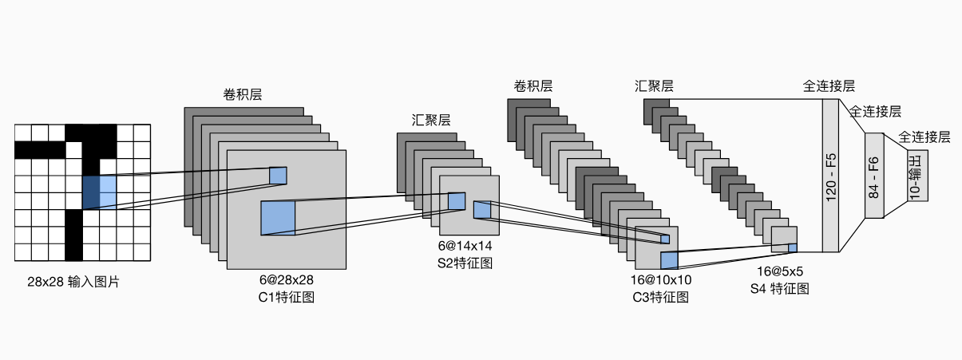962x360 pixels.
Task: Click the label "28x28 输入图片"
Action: tap(72, 282)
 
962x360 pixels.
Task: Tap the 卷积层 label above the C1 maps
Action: tap(243, 94)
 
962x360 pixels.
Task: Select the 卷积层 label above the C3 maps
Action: tap(533, 86)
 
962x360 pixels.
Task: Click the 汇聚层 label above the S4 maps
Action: tap(654, 86)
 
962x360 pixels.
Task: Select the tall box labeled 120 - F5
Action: tap(831, 179)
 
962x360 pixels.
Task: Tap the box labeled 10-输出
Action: tap(916, 176)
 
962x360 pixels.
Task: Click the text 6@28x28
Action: tap(286, 280)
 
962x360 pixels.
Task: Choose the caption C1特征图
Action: tap(286, 297)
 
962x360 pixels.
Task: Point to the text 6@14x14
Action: tap(465, 246)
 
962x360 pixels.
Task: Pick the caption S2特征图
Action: tap(465, 262)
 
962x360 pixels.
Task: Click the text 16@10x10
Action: tap(661, 280)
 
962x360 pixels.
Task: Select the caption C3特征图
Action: tap(661, 297)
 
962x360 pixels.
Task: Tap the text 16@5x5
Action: tap(780, 272)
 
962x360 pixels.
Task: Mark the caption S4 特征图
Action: tap(780, 289)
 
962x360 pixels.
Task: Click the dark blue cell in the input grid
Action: tap(91, 192)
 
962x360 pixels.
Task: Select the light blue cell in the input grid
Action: tap(108, 192)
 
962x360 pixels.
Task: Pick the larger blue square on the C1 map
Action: tap(278, 218)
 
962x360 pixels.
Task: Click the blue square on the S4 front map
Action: tap(793, 247)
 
